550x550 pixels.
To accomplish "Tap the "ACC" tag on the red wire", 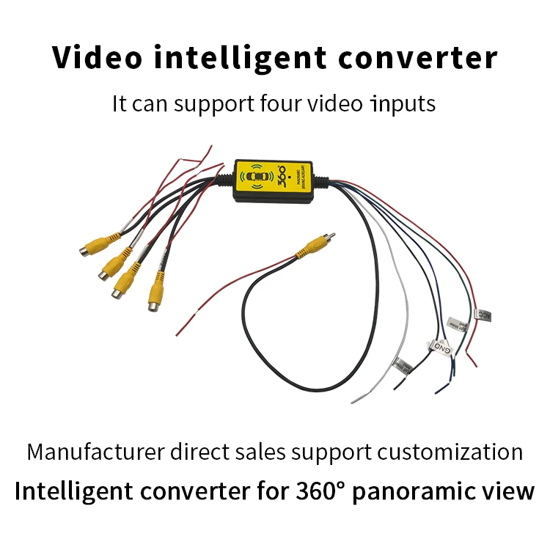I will (484, 316).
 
